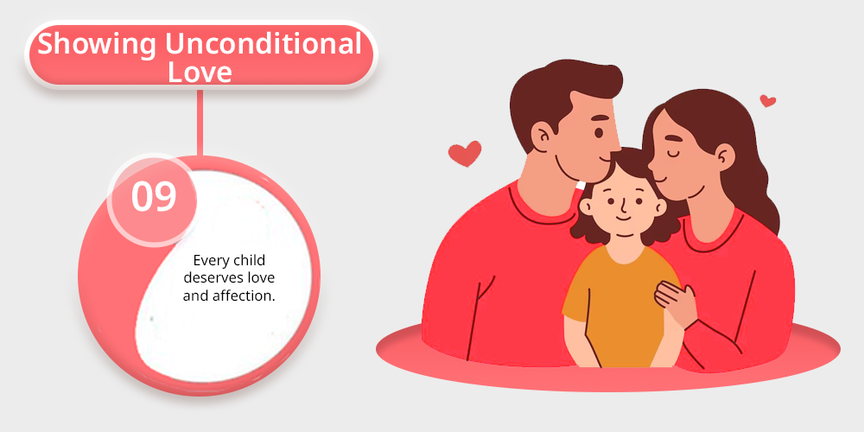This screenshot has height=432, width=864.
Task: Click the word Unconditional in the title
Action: pos(264,43)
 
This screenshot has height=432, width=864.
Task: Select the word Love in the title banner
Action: pos(200,73)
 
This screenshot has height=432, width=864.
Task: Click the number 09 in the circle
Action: pos(154,197)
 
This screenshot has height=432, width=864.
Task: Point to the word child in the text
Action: pos(248,259)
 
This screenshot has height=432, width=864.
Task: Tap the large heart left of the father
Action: pos(465,153)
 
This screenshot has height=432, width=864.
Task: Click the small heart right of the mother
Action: pos(767,101)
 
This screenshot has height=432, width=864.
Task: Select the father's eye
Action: pos(600,133)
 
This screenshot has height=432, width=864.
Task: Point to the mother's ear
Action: pos(725,157)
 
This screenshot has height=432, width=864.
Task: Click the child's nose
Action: pos(623,208)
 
